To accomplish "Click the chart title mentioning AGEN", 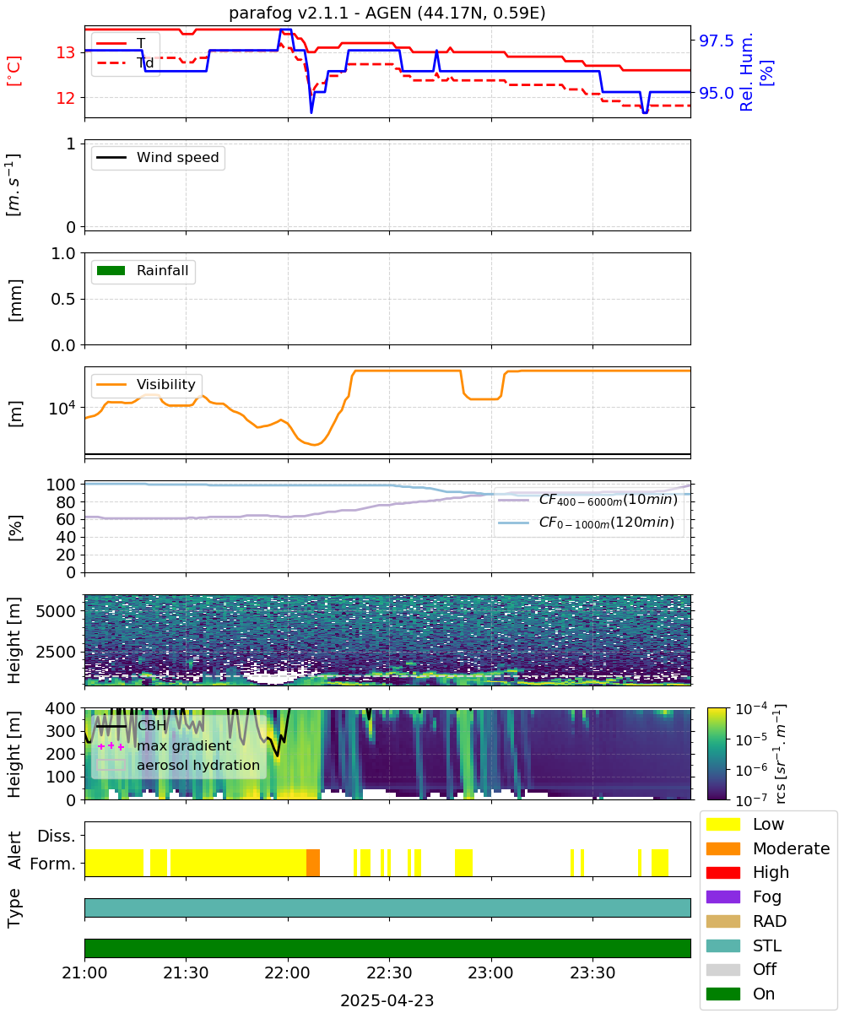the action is click(x=387, y=13).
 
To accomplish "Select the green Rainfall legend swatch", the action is click(x=111, y=271).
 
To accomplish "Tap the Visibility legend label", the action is click(x=165, y=384).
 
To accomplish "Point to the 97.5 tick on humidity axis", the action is click(x=716, y=41).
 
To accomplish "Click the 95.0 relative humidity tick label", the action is click(x=716, y=93).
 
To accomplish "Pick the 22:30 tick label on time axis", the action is click(x=389, y=972).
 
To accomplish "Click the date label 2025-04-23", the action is click(x=387, y=1000).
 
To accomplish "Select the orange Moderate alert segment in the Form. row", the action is click(x=313, y=863).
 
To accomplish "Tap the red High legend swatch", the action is click(x=722, y=872).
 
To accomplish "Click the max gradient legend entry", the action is click(x=164, y=745).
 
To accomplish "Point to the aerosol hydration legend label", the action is click(x=197, y=765).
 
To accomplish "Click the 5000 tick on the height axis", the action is click(x=56, y=611).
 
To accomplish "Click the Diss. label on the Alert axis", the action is click(x=57, y=836).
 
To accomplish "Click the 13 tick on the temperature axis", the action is click(x=66, y=52).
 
